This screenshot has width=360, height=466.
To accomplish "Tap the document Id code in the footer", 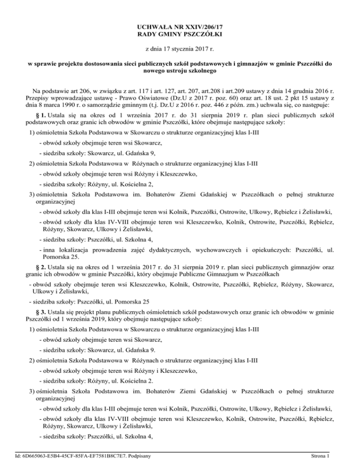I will click(72, 455).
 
